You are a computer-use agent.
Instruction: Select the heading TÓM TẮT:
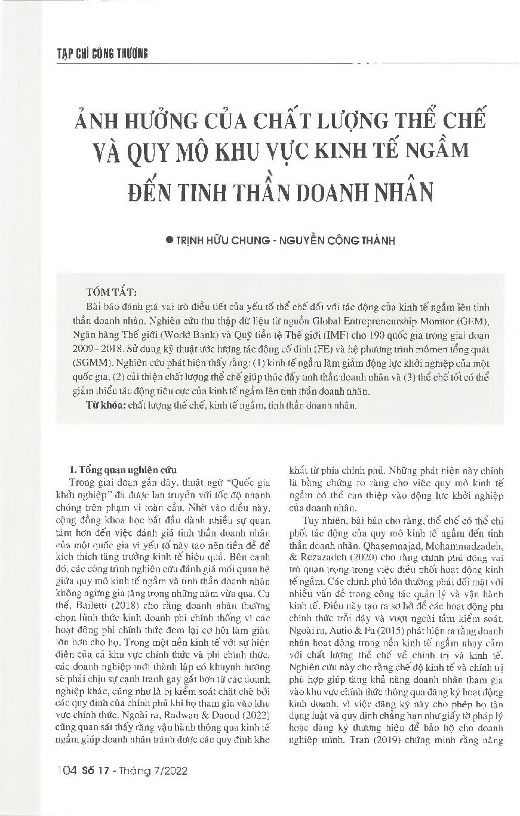click(x=112, y=292)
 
